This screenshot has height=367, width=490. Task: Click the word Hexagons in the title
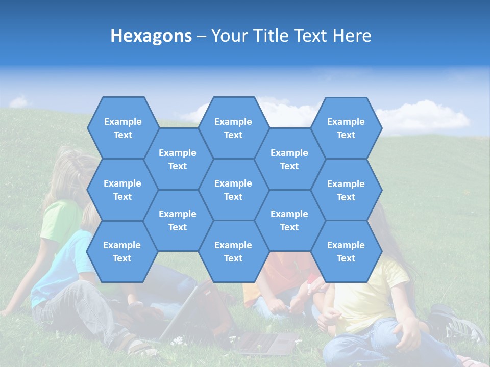151,36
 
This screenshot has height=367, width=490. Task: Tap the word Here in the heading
352,36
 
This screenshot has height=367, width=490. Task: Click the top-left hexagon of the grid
122,128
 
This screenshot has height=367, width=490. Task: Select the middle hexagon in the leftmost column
122,190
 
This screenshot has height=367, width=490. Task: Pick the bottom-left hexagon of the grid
122,251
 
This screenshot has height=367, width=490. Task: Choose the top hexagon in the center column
233,128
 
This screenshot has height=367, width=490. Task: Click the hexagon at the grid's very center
233,190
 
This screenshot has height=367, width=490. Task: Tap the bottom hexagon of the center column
233,251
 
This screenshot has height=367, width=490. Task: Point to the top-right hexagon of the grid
346,128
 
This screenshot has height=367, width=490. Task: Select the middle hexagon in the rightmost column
346,190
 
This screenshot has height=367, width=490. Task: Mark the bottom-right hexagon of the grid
346,251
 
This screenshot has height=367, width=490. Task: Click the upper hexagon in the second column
178,159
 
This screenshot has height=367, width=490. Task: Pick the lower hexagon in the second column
178,220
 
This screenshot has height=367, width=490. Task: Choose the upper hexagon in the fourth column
289,159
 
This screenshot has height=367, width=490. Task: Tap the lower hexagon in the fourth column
289,220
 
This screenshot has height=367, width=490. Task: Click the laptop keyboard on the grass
265,343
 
